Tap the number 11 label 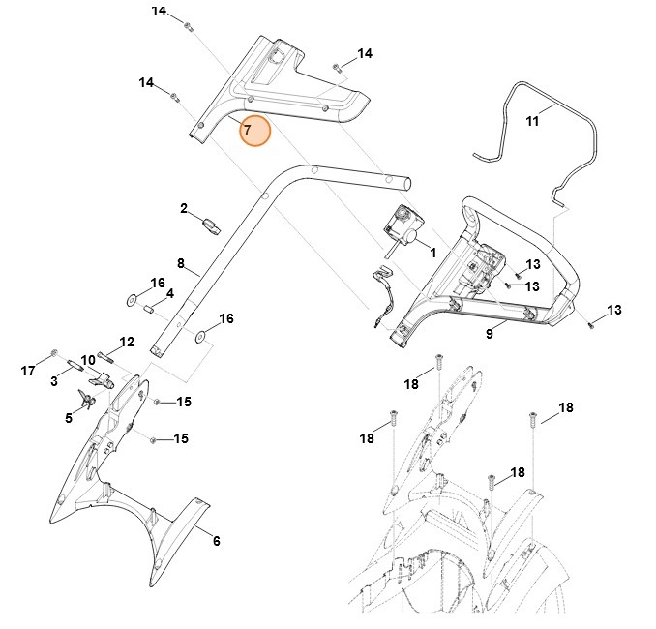pos(532,121)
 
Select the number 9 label pos(490,334)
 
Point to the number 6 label pos(216,541)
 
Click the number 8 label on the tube pos(180,262)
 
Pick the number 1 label pos(432,253)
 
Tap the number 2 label pos(183,208)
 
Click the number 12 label pos(127,342)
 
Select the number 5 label pos(69,417)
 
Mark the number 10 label pos(88,360)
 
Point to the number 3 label pos(55,382)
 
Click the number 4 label pos(169,293)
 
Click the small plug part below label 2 pos(212,226)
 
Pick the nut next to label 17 pos(54,352)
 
